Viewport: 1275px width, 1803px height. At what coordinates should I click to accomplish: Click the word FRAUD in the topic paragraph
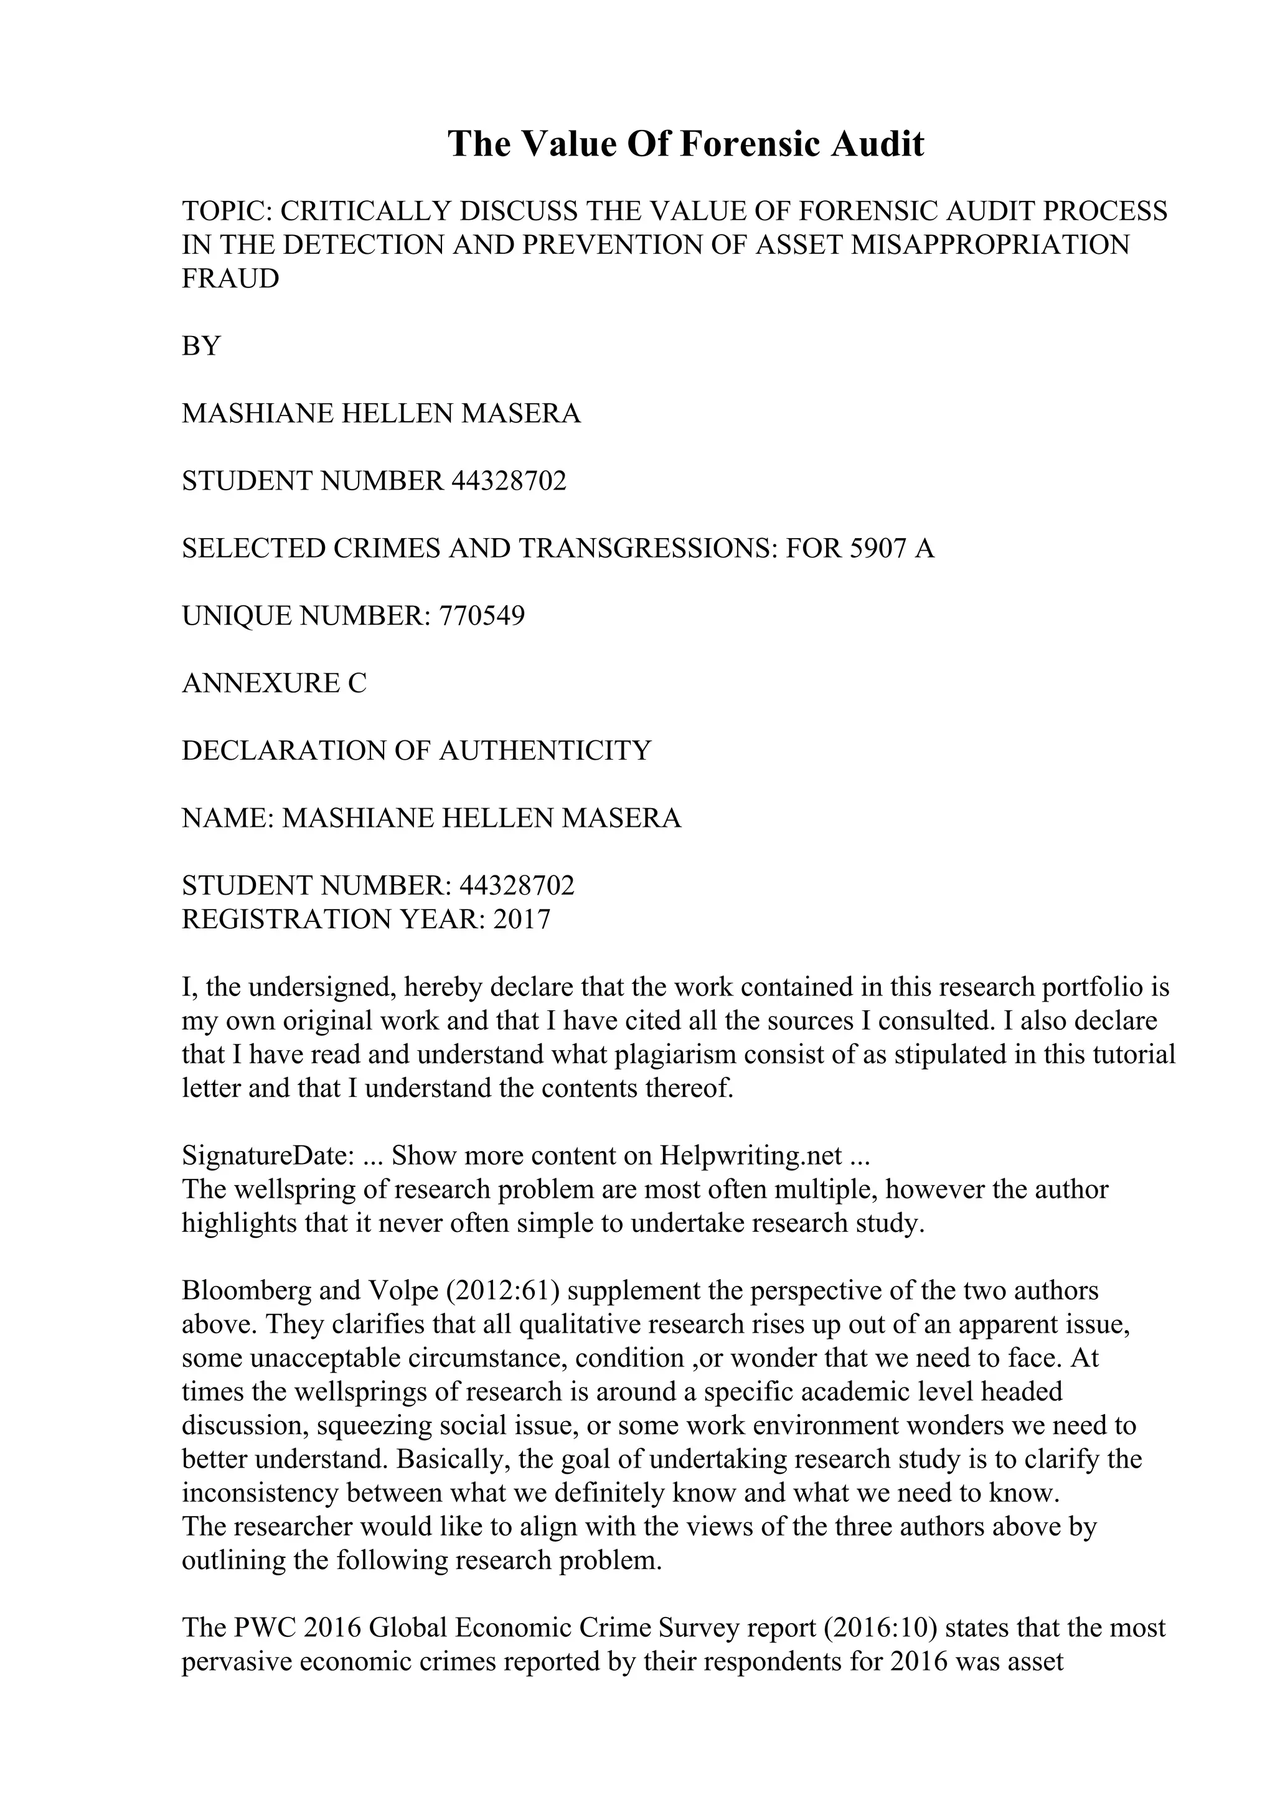click(230, 279)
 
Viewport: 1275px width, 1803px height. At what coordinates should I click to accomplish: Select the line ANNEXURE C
click(274, 683)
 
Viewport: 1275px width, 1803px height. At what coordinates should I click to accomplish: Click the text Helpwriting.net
click(750, 1156)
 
